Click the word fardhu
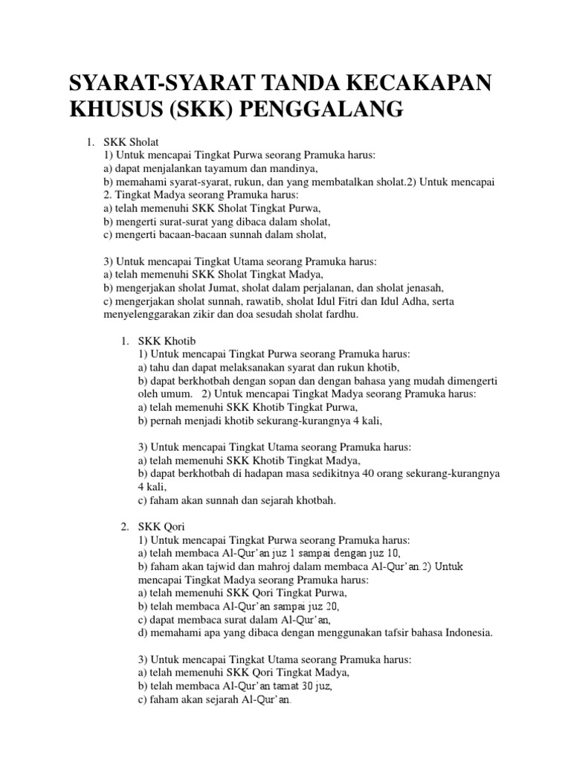coord(339,315)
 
